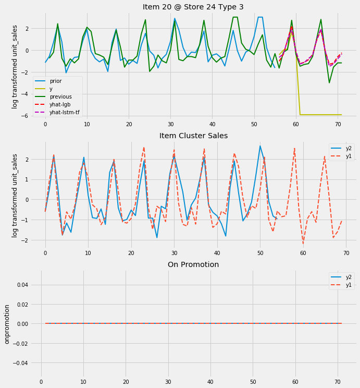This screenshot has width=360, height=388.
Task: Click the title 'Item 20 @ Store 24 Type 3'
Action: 193,7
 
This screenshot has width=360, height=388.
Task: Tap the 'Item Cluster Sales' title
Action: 193,136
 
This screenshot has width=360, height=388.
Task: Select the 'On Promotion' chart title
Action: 193,264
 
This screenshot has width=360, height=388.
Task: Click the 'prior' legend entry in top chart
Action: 56,81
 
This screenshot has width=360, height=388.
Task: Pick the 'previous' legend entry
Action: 61,96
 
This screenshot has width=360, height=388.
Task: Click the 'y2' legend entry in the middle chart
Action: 349,148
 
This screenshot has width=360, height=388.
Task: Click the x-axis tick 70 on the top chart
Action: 338,125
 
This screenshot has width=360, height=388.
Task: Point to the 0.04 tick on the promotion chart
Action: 27,285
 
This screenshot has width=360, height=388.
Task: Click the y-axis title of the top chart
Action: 15,67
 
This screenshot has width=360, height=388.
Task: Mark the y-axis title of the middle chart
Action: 15,196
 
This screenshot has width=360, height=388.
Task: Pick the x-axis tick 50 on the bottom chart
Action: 253,382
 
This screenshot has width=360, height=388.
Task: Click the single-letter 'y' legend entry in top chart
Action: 51,89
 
